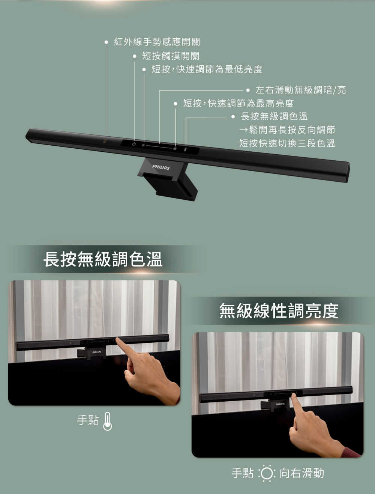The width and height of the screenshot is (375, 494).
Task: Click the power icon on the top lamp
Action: [134, 144]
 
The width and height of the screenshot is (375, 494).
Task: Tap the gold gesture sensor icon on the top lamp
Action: [105, 142]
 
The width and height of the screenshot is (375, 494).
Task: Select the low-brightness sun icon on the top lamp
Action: [143, 145]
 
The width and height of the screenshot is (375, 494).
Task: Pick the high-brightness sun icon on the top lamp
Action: [175, 149]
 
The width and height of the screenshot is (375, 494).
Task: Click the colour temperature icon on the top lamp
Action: [185, 149]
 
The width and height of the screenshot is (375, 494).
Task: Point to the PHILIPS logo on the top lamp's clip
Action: [161, 167]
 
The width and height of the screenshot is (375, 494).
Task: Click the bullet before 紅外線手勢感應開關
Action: [106, 42]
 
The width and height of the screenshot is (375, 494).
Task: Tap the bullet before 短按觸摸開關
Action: [135, 56]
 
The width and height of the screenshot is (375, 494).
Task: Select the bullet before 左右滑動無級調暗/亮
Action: [248, 90]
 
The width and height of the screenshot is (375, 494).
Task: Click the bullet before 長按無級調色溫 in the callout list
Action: [233, 117]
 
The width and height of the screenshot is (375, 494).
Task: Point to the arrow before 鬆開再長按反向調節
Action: [243, 130]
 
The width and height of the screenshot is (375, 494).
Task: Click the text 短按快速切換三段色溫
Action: [287, 143]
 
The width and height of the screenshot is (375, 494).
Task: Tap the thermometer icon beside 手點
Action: [108, 421]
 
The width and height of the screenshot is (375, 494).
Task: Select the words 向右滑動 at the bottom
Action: [301, 473]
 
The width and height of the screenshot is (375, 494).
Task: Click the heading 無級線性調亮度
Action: [279, 311]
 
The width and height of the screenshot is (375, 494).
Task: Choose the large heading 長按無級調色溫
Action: [103, 259]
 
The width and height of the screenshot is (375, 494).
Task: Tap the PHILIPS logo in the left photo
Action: [97, 352]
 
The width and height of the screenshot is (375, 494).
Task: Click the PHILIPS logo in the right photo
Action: [280, 404]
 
